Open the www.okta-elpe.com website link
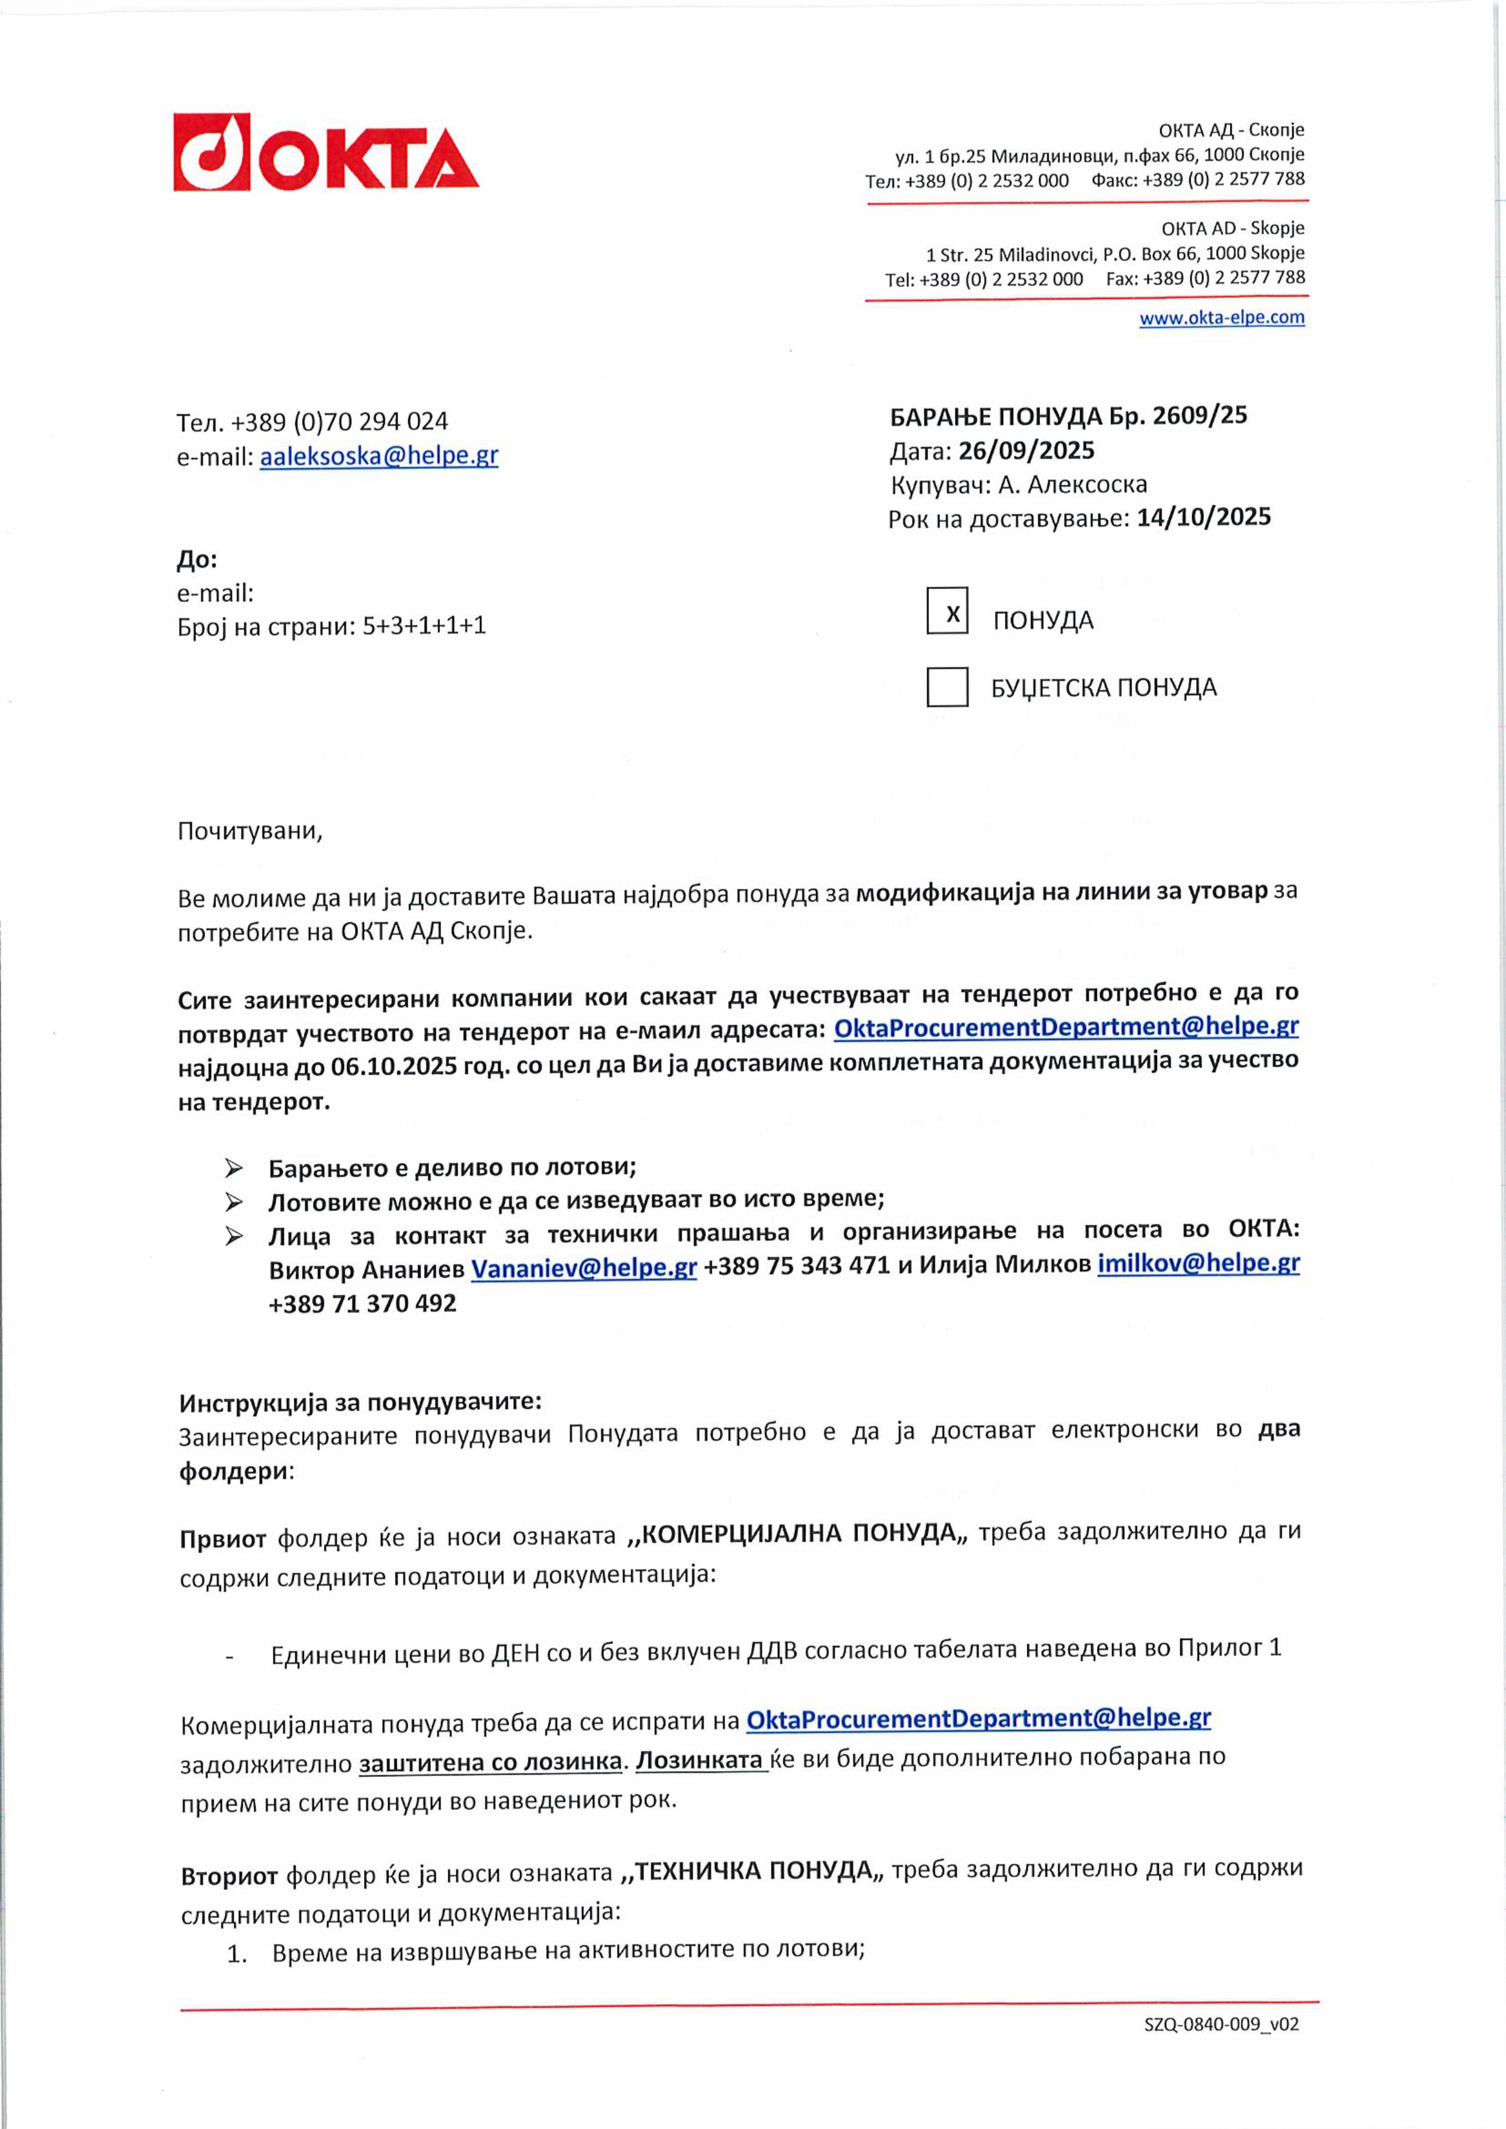coord(1221,318)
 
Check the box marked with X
coord(947,611)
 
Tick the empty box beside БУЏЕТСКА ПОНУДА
coord(947,687)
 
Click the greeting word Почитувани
coord(249,831)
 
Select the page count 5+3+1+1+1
coord(424,626)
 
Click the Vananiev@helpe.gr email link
coord(583,1267)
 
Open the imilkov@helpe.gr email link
coord(1198,1264)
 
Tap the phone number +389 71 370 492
coord(363,1304)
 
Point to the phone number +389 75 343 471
coord(797,1266)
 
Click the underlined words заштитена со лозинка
coord(490,1762)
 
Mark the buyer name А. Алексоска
coord(1072,484)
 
